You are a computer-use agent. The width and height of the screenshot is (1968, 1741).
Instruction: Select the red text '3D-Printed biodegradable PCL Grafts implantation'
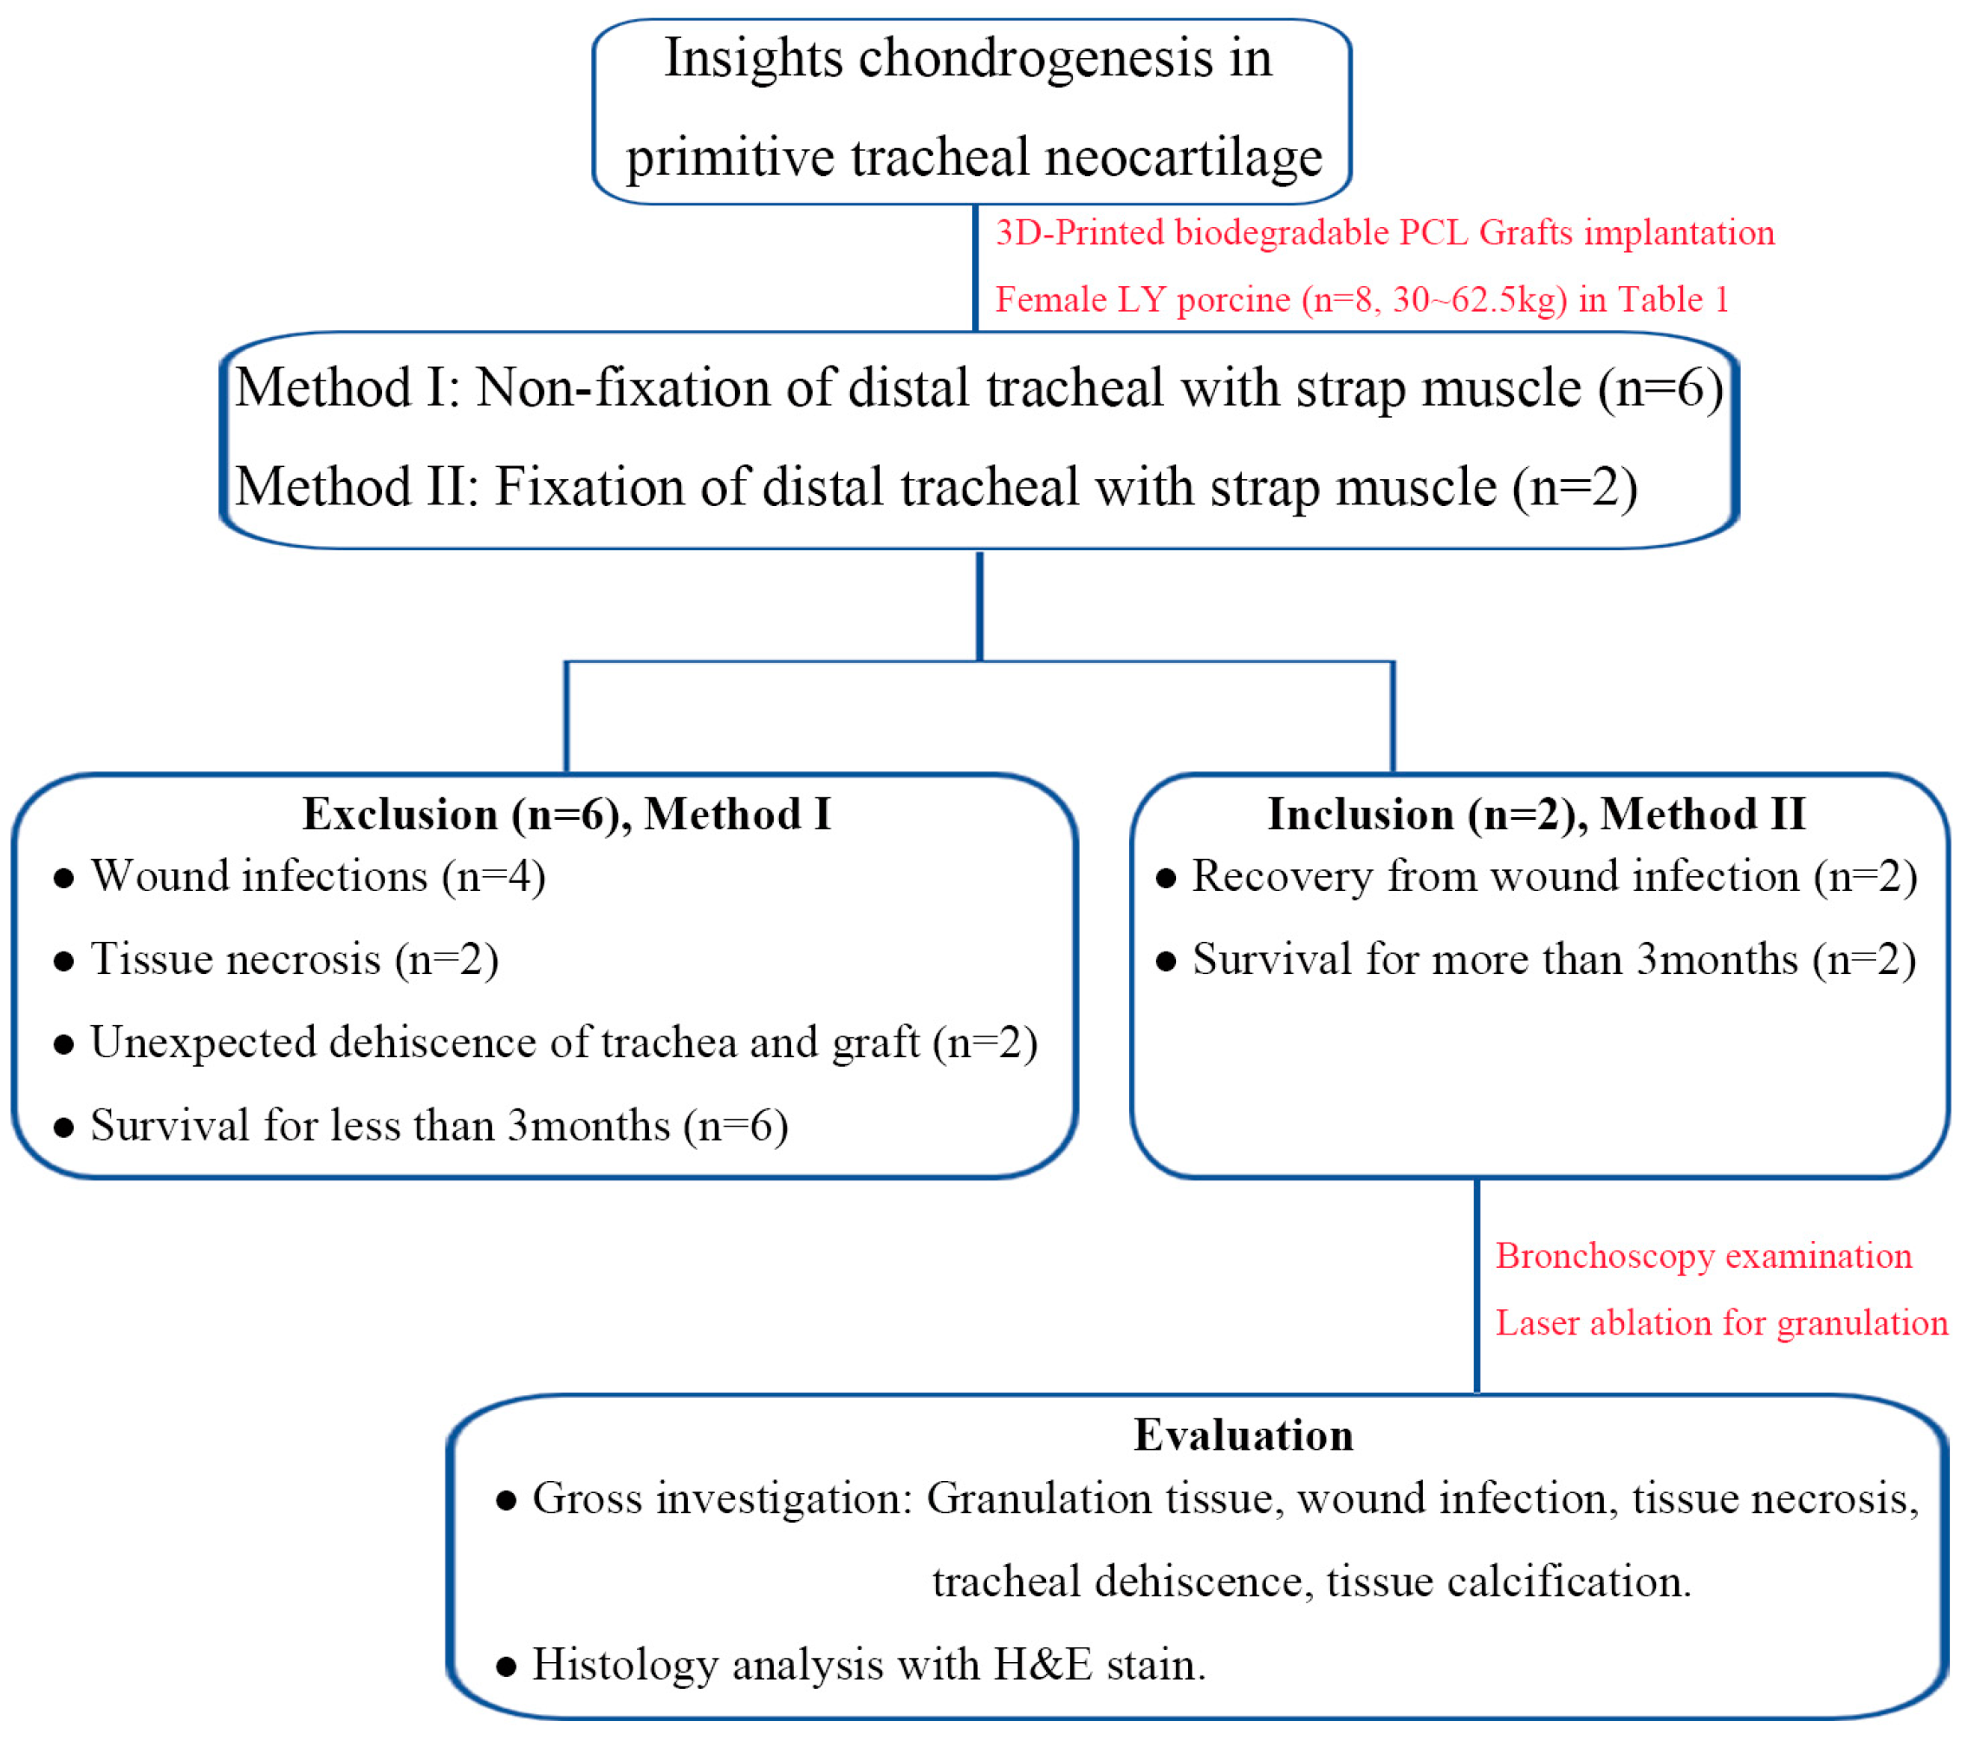tap(1384, 233)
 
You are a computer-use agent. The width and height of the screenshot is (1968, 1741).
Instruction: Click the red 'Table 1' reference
tap(1672, 300)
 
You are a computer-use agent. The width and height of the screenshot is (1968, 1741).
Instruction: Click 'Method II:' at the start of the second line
tap(357, 487)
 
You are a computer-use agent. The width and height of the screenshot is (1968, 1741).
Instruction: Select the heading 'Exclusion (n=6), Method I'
tap(566, 815)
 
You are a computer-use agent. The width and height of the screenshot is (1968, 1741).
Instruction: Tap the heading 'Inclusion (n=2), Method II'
tap(1536, 815)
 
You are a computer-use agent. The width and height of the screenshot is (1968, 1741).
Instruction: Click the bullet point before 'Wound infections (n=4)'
tap(63, 878)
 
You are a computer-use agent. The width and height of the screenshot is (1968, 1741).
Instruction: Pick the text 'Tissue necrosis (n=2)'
tap(294, 960)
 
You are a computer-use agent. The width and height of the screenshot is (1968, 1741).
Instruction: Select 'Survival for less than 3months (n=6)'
tap(439, 1126)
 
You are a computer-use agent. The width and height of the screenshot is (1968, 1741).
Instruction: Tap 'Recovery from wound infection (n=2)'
tap(1554, 877)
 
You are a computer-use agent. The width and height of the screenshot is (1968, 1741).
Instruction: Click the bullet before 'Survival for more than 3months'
tap(1165, 961)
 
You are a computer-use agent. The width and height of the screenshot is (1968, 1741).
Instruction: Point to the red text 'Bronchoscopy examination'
tap(1702, 1256)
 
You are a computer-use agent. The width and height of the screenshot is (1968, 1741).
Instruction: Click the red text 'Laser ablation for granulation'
tap(1720, 1323)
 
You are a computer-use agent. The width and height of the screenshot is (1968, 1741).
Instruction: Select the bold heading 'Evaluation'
tap(1243, 1436)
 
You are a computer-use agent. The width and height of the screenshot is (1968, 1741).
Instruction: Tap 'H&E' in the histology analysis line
tap(1042, 1665)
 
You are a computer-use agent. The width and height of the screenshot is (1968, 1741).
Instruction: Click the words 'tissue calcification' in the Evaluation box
tap(1508, 1582)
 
